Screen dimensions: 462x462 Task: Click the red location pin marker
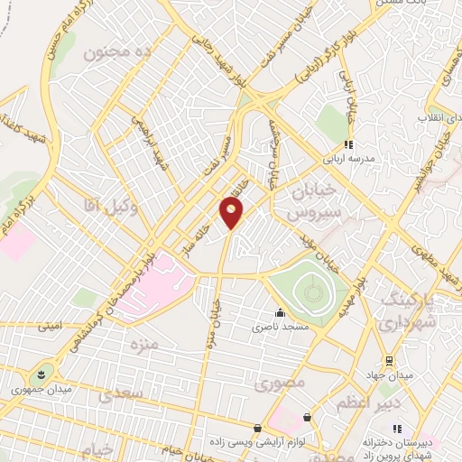coord(232,213)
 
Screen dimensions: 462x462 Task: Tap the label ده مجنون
coord(115,53)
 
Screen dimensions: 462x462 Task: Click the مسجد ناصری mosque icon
coord(280,313)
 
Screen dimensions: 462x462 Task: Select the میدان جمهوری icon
coord(42,375)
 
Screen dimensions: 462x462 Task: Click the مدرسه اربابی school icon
coord(346,144)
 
